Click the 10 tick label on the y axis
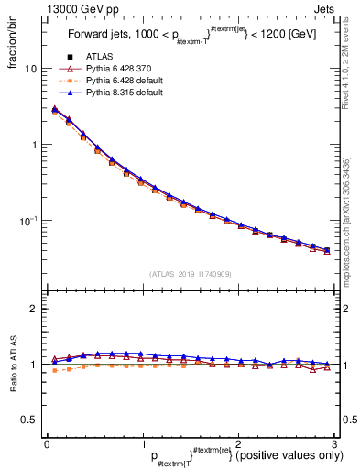[30, 69]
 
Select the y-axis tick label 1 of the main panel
[34, 145]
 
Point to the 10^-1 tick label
[28, 220]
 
